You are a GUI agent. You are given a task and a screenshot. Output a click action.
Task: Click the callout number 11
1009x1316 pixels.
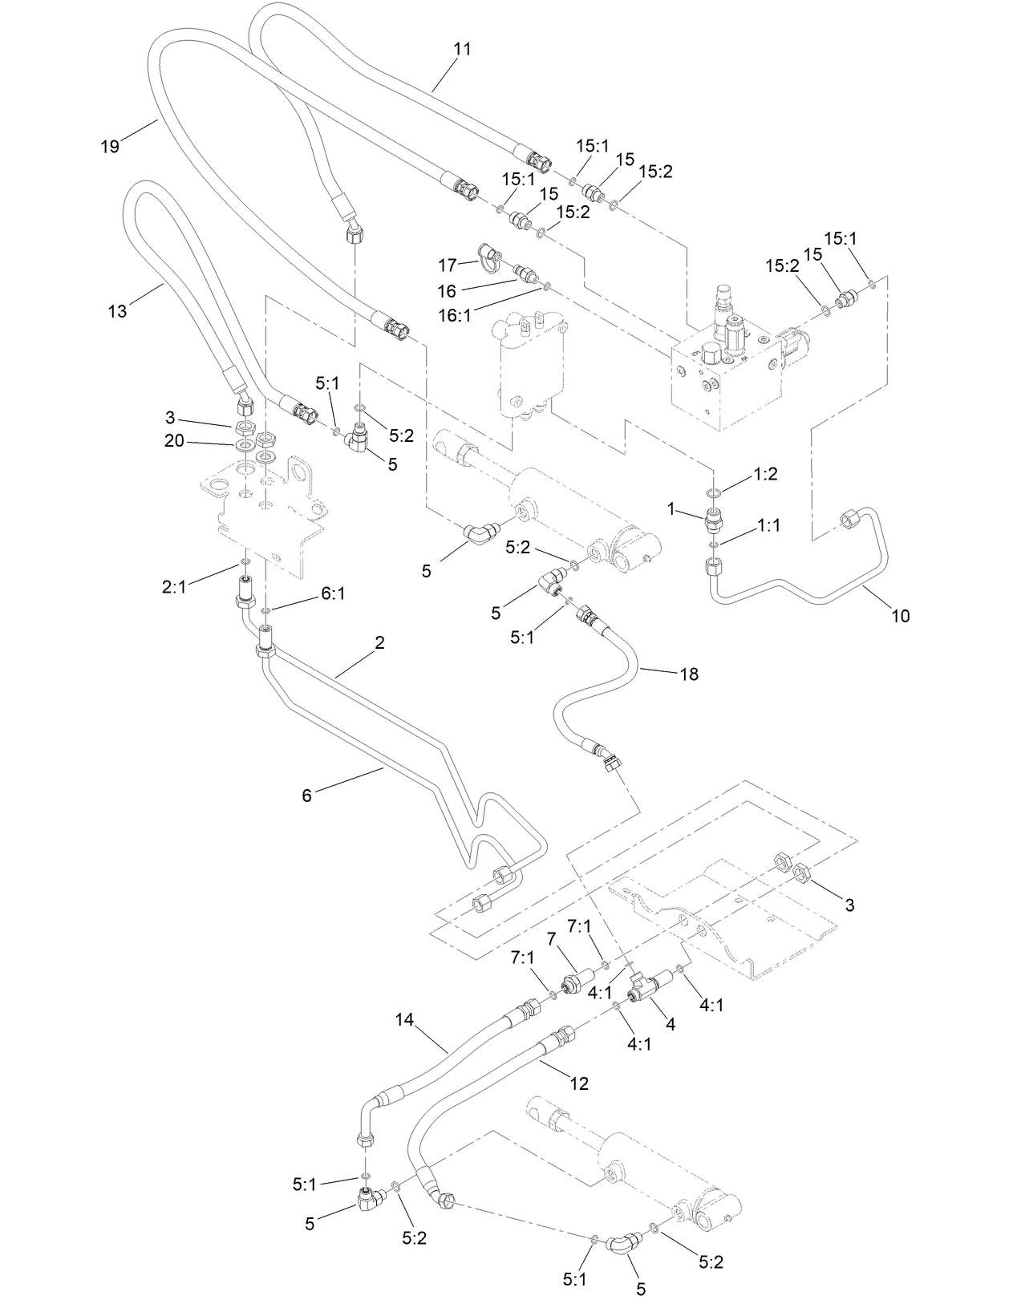pos(461,49)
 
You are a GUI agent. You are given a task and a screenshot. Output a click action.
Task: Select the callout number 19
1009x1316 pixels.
pos(110,146)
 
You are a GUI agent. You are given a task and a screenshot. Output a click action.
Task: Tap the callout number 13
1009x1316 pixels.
pos(117,311)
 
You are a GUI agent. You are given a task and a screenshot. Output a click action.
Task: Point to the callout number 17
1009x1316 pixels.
pos(447,264)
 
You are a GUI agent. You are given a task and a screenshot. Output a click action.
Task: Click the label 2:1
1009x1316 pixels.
pos(174,586)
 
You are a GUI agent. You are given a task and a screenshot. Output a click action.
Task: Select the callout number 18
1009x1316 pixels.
pos(689,674)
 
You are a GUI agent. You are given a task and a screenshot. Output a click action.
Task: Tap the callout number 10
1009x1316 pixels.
pos(900,616)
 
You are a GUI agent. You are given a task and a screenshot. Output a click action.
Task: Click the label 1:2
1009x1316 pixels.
pos(766,474)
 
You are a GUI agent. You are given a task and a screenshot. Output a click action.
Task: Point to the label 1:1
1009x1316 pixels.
pos(769,525)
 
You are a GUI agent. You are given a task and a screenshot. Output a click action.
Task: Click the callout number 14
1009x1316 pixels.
pos(404,1020)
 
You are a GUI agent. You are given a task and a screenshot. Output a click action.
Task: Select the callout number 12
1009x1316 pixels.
pos(578,1084)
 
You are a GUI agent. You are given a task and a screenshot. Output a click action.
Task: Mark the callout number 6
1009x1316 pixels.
pos(306,796)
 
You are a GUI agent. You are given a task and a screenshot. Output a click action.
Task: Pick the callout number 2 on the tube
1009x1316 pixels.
pos(379,642)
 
